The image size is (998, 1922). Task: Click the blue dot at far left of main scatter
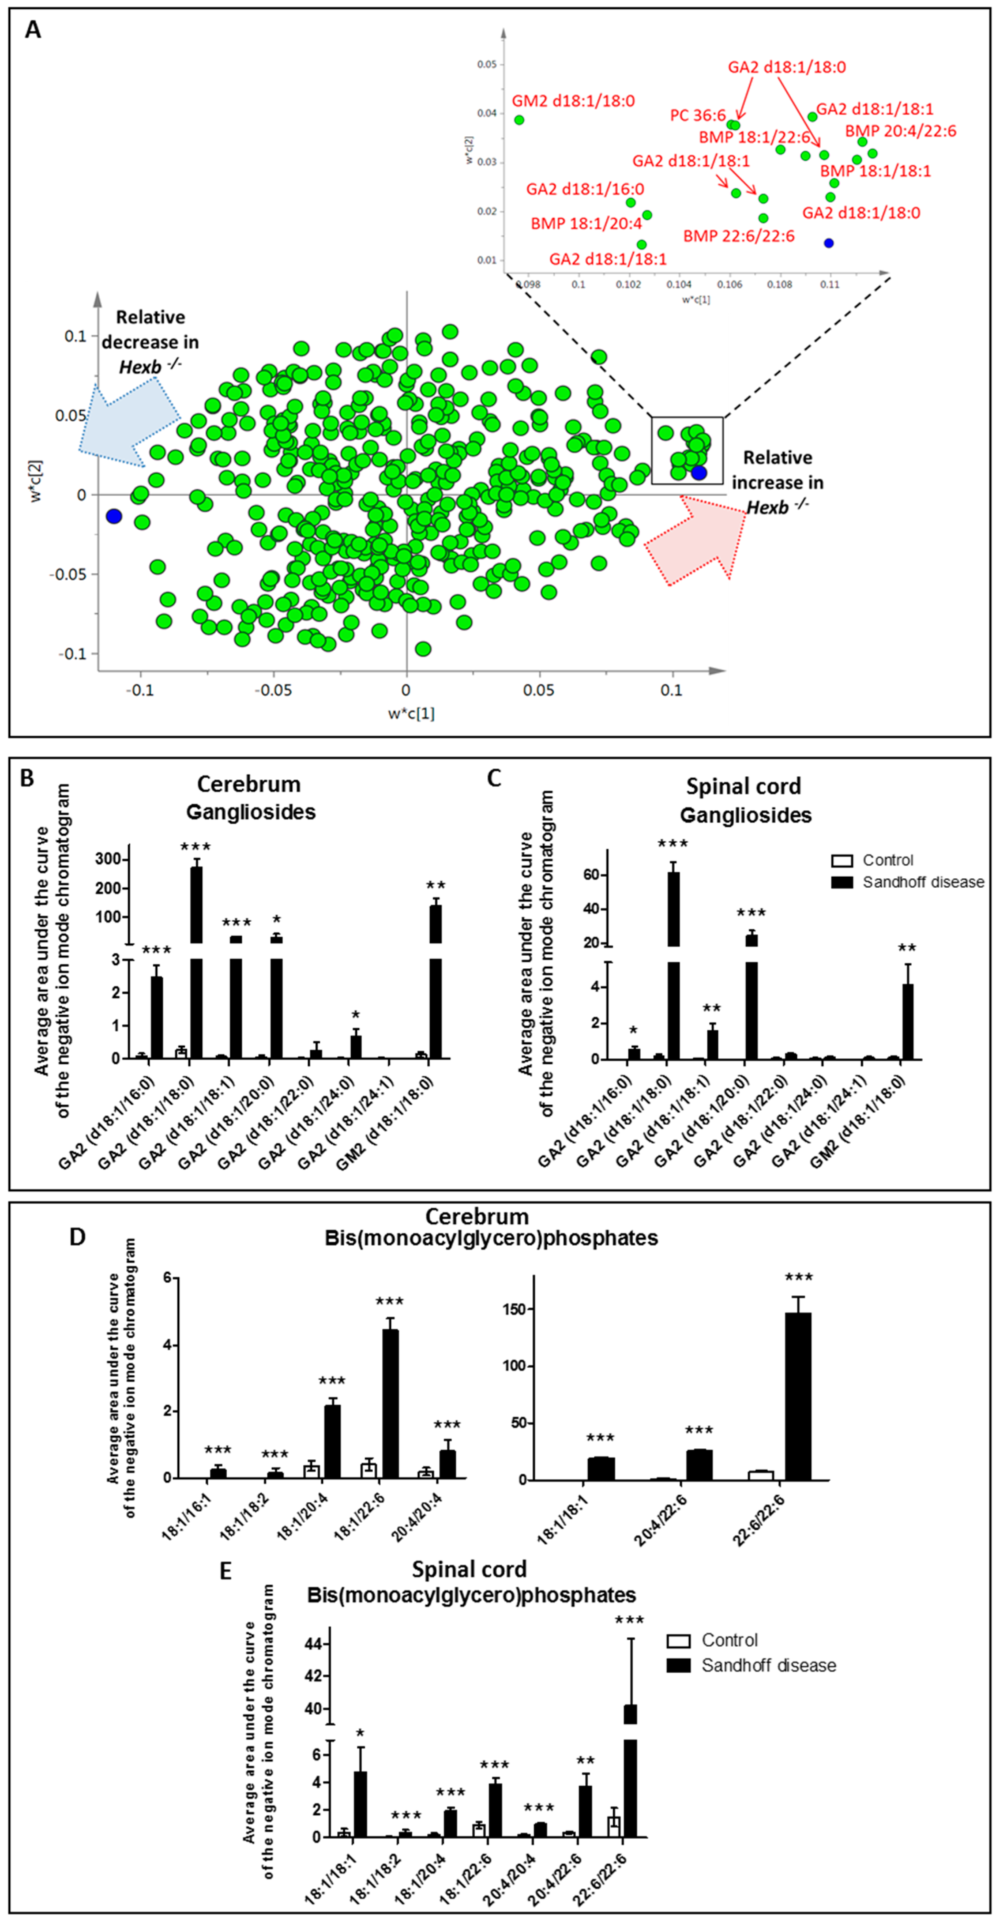coord(113,516)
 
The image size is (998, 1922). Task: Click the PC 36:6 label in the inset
coord(697,116)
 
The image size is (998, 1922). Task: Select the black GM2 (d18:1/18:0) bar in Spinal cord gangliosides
coord(908,1021)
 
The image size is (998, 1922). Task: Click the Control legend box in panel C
coord(841,860)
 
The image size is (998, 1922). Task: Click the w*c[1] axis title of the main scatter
coord(411,713)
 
